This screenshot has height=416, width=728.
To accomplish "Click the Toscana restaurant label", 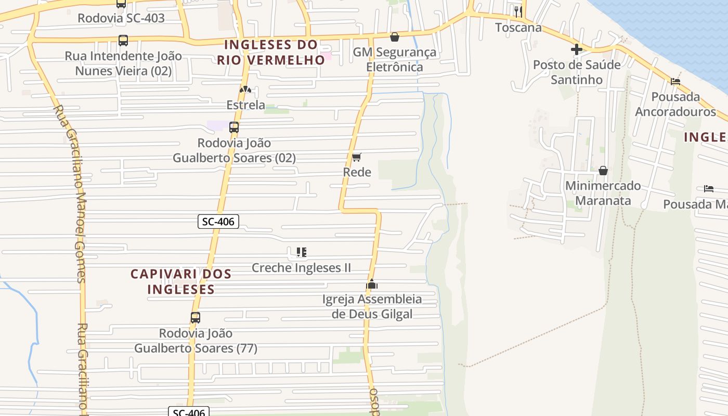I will click(518, 28).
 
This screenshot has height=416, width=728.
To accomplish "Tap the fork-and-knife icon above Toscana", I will click(518, 11).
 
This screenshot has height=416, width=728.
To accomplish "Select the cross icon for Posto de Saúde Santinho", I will click(577, 49).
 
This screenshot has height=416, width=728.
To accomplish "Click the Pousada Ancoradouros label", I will click(675, 105).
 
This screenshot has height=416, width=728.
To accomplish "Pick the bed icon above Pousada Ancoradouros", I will click(675, 81).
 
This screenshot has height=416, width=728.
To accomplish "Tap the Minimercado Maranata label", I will click(603, 193).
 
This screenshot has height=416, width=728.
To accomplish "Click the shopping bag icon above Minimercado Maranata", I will click(603, 171).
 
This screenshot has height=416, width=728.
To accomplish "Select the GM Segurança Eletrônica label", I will click(395, 59).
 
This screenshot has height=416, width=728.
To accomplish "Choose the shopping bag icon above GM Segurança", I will click(395, 37).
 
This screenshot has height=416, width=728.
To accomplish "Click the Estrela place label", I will click(245, 105).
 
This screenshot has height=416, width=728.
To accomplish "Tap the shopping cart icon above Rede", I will click(357, 157).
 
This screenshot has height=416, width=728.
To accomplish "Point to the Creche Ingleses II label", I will click(301, 268).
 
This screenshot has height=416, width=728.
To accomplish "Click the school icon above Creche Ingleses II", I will click(301, 252).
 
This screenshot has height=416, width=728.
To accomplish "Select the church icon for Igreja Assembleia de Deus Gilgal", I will click(371, 284).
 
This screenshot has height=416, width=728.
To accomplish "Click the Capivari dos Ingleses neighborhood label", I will click(181, 281).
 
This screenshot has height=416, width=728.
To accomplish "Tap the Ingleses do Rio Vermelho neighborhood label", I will click(271, 52).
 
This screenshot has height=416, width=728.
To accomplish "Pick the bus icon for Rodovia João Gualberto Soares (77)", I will click(196, 317).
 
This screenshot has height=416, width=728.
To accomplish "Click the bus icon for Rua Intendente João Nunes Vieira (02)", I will click(123, 40).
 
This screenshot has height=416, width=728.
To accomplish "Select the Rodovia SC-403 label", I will click(121, 18).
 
